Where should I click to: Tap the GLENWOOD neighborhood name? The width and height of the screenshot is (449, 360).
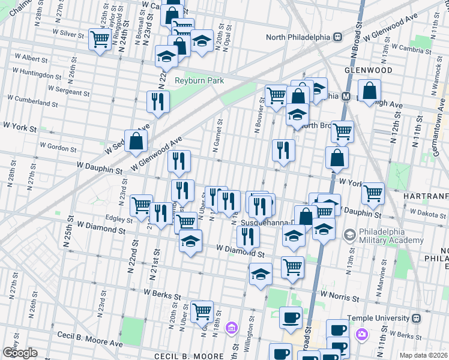point(369,70)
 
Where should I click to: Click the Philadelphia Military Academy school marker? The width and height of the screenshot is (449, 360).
point(348,233)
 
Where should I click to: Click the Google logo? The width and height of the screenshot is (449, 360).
point(19,352)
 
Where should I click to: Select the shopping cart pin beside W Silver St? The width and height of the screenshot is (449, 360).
point(99,40)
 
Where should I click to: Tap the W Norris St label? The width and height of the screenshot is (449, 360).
point(340,296)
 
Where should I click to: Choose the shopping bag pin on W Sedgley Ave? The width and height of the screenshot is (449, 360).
point(137,142)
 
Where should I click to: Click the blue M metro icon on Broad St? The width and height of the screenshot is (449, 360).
point(346,96)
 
